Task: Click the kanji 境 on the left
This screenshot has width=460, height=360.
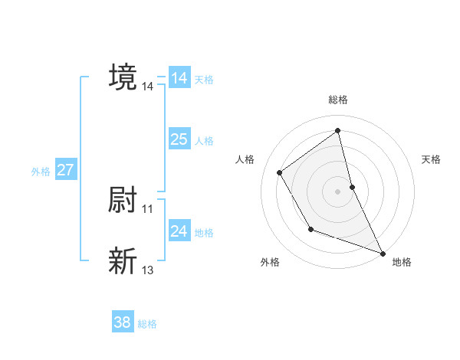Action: pos(123,77)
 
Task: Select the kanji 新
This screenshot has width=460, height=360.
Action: pos(123,260)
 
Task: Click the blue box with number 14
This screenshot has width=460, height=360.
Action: pos(179,78)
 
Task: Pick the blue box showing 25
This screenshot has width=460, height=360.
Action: pos(179,139)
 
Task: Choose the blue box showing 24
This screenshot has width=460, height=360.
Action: pos(179,231)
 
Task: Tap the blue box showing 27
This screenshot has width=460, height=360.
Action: pos(65,170)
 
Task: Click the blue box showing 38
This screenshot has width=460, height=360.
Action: pos(123,322)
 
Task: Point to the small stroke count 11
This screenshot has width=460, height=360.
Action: pos(148,208)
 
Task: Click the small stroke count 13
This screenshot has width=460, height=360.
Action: pos(148,270)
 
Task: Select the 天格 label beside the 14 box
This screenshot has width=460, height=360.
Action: pos(204,80)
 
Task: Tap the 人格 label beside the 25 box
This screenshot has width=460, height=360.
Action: pos(204,141)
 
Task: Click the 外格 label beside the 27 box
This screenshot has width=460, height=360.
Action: pos(41,172)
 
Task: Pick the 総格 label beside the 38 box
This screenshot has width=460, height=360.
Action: pos(147,324)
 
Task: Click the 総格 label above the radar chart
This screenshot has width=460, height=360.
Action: pos(338,100)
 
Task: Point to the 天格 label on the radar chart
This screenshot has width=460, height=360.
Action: pos(432,159)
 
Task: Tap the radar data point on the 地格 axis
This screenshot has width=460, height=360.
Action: pos(383,253)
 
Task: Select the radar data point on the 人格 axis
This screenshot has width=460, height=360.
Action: pos(280,172)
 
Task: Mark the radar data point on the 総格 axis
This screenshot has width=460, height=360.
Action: pos(338,131)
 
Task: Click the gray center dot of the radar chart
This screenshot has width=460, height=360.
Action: pos(338,191)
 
